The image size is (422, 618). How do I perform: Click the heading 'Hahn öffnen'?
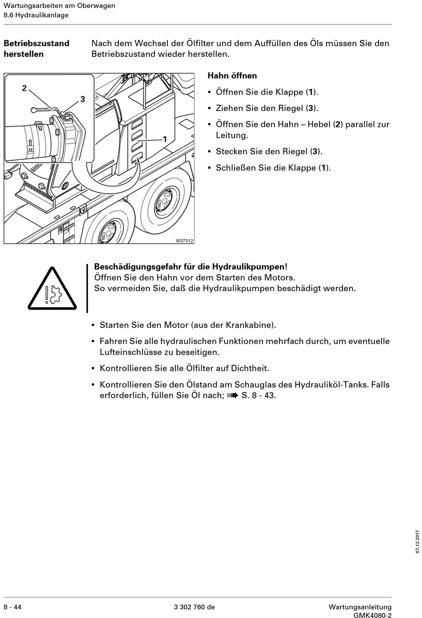tap(232, 76)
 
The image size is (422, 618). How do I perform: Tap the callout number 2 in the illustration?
tap(24, 88)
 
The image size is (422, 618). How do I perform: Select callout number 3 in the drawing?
tap(83, 99)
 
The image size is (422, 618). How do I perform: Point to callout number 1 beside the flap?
tap(165, 139)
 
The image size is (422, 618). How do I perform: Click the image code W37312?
tap(184, 241)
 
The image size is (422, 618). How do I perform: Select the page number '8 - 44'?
tap(12, 607)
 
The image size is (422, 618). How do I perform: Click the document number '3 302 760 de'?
tap(194, 607)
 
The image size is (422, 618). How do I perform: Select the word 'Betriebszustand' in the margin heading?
tap(36, 44)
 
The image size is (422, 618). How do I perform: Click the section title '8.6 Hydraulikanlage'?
tap(36, 15)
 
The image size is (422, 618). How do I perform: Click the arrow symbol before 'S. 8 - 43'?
tap(232, 395)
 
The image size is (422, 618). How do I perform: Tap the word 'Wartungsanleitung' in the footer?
tap(360, 607)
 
